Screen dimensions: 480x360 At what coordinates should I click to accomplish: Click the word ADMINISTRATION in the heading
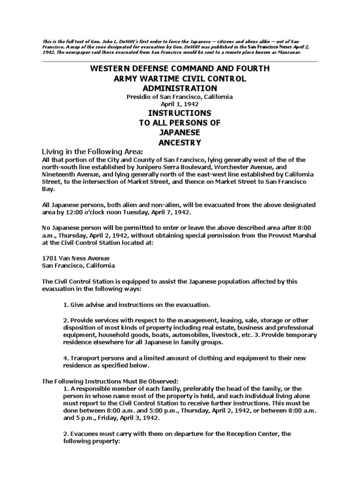point(180,88)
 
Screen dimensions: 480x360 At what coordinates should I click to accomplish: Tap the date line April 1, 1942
point(180,104)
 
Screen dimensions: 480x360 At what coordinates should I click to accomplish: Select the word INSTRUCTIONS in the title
point(180,113)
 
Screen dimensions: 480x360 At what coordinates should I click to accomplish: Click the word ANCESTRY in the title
point(180,142)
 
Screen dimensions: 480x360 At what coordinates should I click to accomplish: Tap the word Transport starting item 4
point(85,358)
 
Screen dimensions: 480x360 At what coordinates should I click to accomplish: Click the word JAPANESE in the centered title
point(180,133)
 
